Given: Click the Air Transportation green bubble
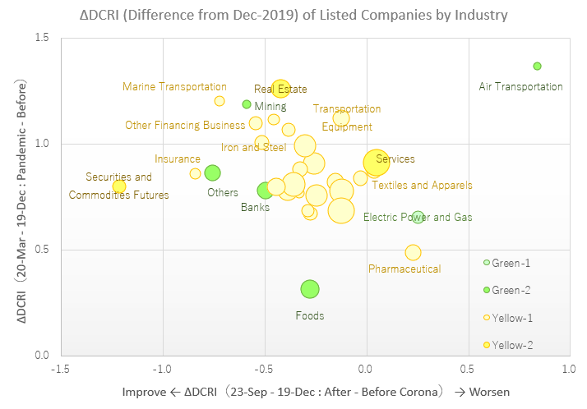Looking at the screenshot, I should point(537,67).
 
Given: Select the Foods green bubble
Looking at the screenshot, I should point(310,289).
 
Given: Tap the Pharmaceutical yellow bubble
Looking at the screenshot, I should point(413,253).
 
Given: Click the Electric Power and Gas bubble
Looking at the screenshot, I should point(418,218).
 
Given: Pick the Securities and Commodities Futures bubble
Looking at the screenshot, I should point(119,186).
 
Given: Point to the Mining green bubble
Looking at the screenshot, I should point(247,104).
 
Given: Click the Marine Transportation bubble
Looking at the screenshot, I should point(220,101).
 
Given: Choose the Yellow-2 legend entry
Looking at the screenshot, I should point(510,345).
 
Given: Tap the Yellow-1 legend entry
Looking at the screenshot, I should point(510,317).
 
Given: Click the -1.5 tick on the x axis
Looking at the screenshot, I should point(60,370).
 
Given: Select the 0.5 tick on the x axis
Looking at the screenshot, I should point(467,370).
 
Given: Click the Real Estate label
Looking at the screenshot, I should point(280,90).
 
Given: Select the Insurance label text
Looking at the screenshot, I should point(178,159).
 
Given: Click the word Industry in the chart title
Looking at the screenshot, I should point(468,14).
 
